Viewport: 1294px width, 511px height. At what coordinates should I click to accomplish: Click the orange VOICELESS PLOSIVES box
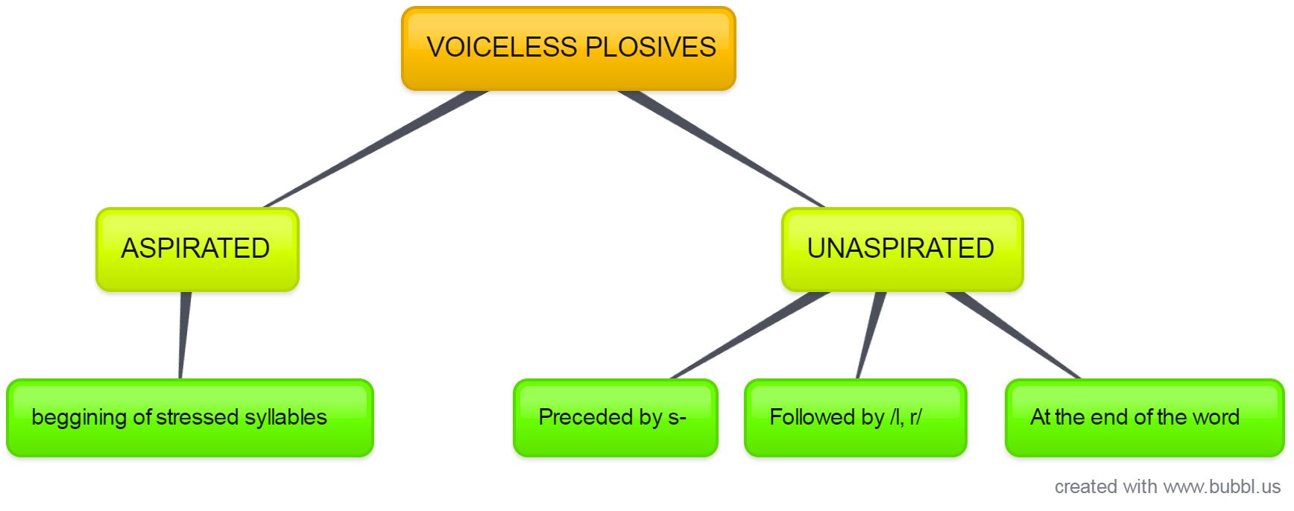click(568, 48)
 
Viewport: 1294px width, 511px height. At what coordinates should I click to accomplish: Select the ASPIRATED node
click(197, 249)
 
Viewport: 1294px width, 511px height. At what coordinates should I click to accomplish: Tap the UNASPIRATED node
click(901, 249)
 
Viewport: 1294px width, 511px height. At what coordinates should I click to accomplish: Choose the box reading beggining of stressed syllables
click(189, 417)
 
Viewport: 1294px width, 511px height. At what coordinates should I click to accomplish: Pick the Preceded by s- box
click(615, 417)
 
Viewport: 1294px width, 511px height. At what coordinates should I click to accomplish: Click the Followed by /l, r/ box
click(855, 417)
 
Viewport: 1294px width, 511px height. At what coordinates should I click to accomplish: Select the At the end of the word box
click(1144, 417)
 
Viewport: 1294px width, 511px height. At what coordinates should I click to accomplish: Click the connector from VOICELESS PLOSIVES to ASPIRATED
click(376, 149)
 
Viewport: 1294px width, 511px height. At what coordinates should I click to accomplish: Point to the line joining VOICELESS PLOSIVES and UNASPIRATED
click(722, 149)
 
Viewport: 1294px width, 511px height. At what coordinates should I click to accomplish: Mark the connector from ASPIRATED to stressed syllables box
click(183, 335)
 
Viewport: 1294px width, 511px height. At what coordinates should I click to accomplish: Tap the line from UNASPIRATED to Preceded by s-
click(749, 335)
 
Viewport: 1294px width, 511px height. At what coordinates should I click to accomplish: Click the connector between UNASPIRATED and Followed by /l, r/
click(870, 335)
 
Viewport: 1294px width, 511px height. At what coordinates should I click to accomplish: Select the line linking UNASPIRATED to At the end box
click(1014, 335)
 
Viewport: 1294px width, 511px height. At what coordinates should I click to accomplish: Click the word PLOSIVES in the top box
click(651, 47)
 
